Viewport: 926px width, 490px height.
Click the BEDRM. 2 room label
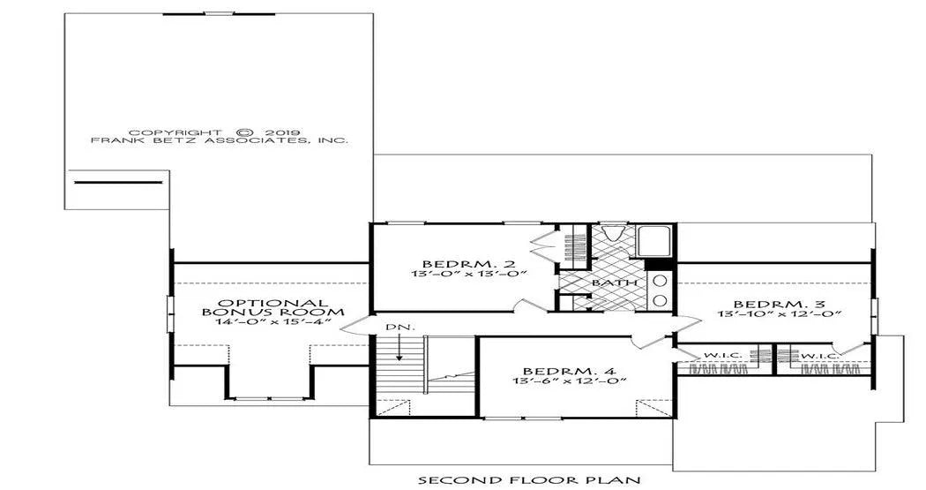click(469, 263)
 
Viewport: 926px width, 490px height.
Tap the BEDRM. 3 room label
click(780, 304)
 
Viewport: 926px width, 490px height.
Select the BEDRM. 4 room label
click(570, 371)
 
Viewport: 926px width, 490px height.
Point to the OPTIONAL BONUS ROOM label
click(273, 307)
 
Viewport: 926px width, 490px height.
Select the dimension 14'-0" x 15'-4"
click(273, 322)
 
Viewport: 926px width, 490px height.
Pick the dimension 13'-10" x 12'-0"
click(780, 313)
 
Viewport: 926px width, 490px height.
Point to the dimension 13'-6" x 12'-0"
click(570, 381)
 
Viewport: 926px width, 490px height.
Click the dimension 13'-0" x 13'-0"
click(469, 273)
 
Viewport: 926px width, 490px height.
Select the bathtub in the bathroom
click(655, 240)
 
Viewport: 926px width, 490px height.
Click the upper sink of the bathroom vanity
click(660, 281)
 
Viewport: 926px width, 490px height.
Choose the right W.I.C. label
click(819, 355)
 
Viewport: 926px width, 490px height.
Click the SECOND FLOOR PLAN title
click(529, 479)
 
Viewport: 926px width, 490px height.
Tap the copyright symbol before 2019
click(247, 133)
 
